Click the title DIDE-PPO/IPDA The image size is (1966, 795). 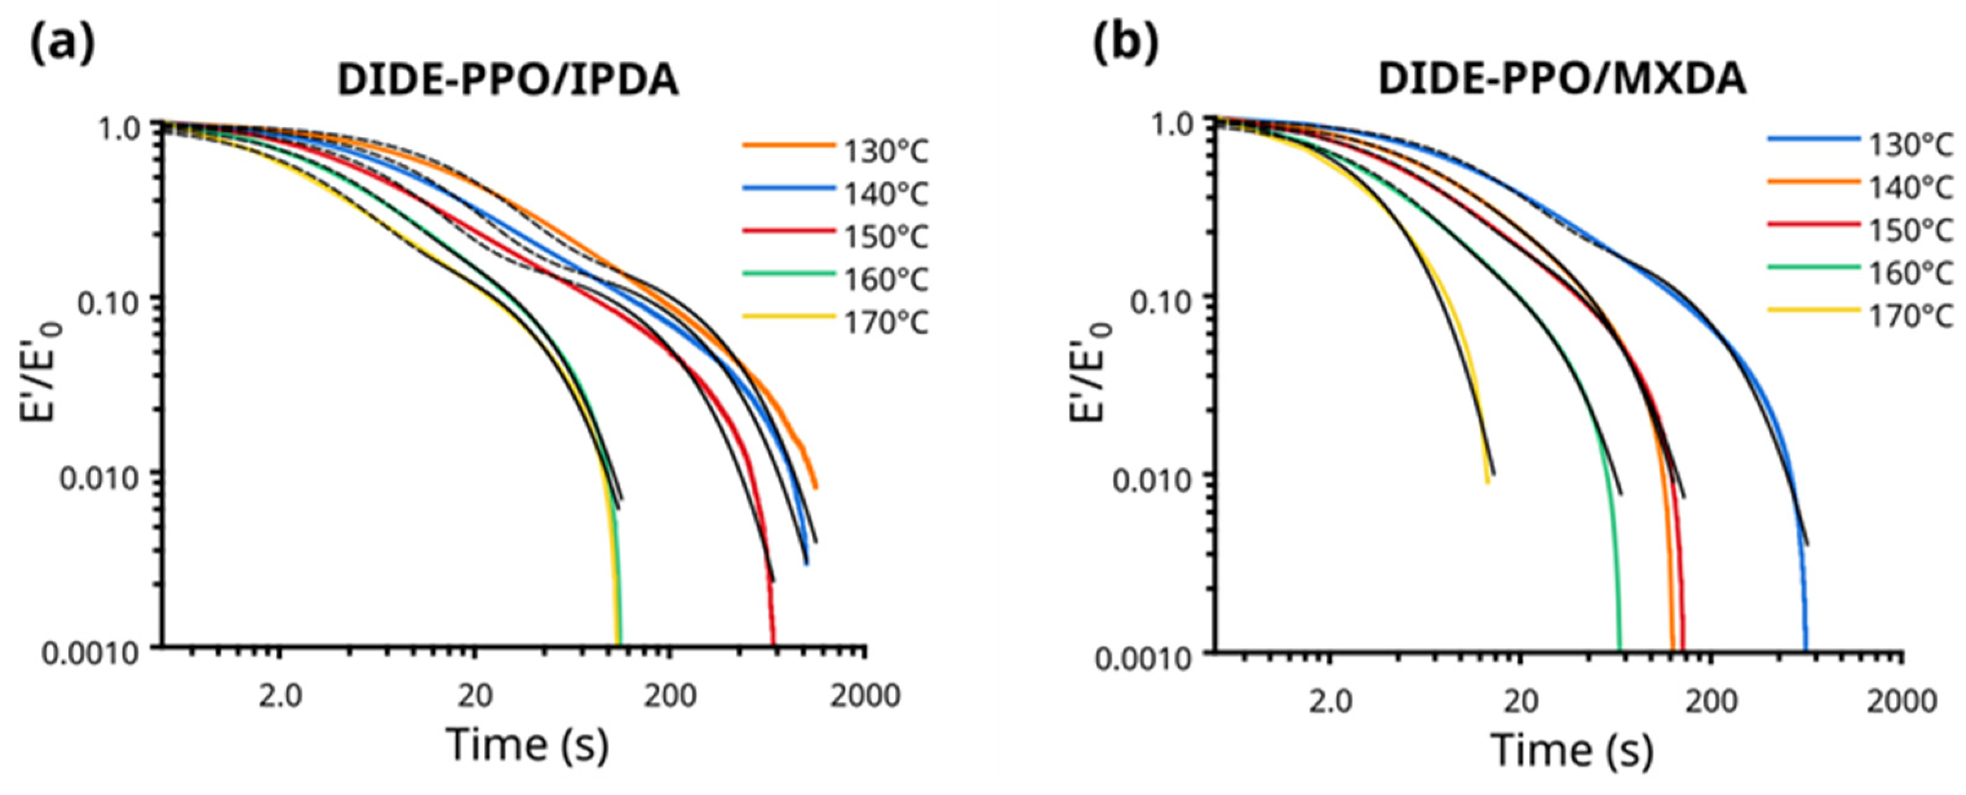[507, 80]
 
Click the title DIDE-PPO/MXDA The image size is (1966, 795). [1562, 79]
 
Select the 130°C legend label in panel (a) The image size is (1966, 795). [885, 152]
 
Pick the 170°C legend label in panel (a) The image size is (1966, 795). [885, 323]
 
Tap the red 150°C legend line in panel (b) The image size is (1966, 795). [1814, 224]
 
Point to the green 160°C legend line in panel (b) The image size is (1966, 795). [1814, 267]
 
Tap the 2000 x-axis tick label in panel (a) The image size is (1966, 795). [865, 696]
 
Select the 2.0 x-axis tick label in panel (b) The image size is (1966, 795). [1330, 700]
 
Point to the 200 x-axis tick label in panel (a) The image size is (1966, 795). [670, 696]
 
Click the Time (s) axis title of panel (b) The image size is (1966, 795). [1572, 750]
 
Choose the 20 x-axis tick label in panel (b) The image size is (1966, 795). [1521, 700]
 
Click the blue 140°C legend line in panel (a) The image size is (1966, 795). [788, 188]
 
